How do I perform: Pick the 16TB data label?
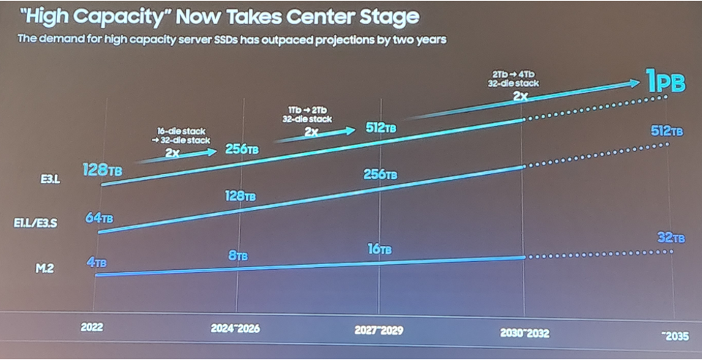[379, 250]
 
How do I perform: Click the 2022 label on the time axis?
[92, 327]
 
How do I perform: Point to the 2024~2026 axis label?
[234, 328]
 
